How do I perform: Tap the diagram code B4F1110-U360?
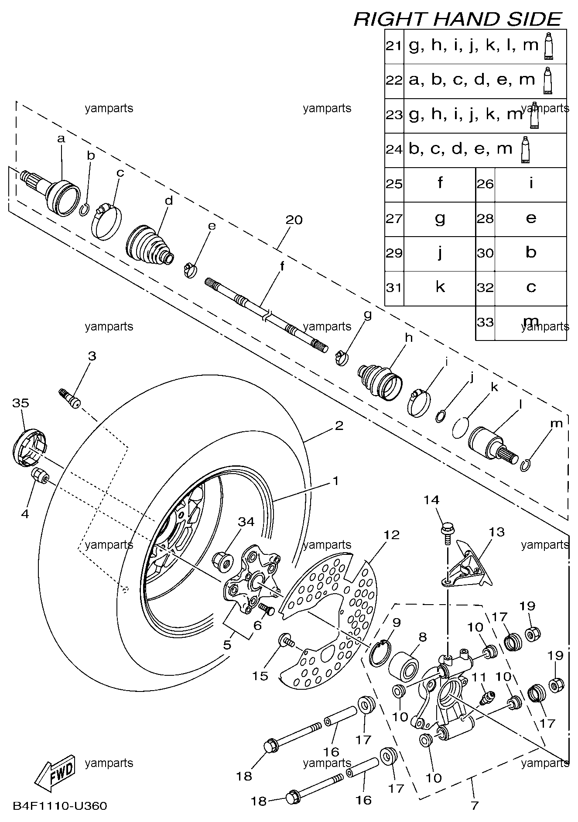[x=60, y=806]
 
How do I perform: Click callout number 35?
[x=21, y=402]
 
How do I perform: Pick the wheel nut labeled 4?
[x=39, y=475]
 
